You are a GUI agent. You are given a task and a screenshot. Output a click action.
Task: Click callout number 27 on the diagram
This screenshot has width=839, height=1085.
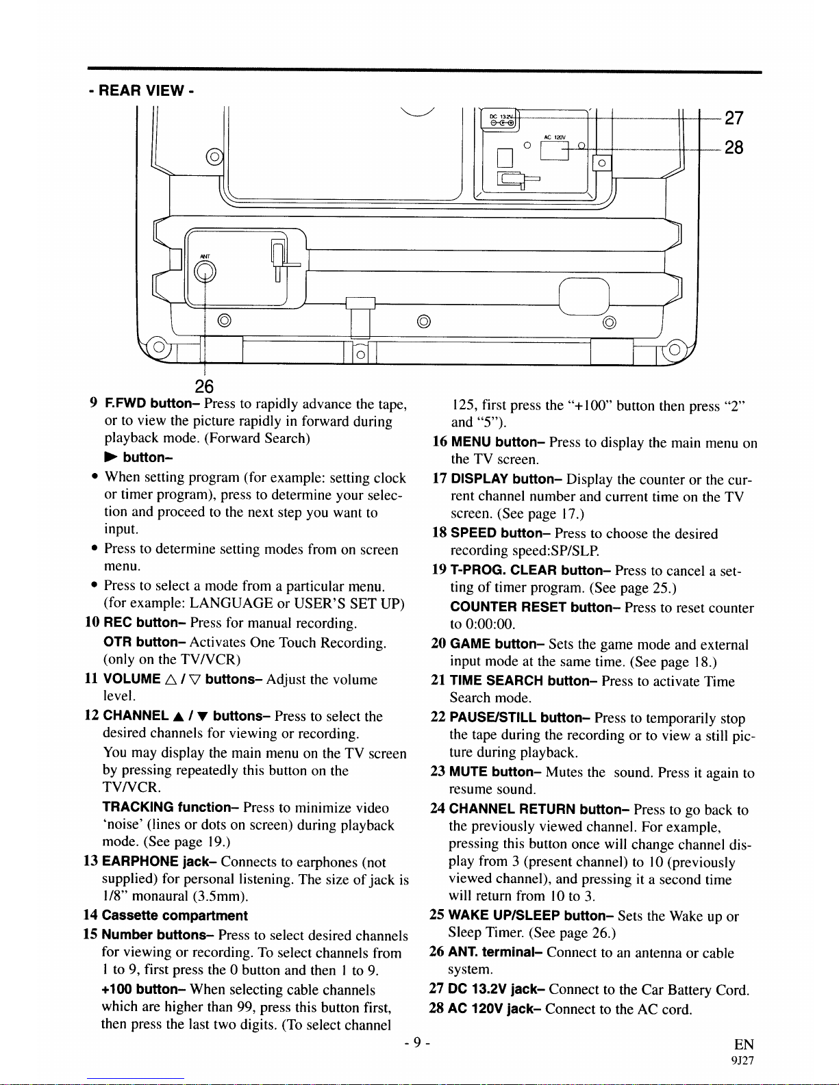[734, 118]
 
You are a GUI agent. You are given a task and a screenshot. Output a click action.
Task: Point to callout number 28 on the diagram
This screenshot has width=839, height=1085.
[734, 147]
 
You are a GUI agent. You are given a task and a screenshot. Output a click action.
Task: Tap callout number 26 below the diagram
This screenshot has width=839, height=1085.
[204, 386]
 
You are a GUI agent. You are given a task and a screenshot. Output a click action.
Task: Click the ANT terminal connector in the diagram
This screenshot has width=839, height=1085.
[205, 272]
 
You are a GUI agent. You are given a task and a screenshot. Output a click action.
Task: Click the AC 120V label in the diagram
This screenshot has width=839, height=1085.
[554, 137]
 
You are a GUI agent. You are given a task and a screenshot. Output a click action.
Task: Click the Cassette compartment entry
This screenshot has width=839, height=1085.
[175, 915]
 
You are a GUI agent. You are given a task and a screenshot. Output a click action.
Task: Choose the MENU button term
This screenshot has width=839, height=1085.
[499, 442]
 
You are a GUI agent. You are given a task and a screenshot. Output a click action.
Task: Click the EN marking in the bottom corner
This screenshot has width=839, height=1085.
[743, 1044]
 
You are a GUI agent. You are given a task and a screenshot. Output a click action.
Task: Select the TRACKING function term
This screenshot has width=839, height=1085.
[171, 808]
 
